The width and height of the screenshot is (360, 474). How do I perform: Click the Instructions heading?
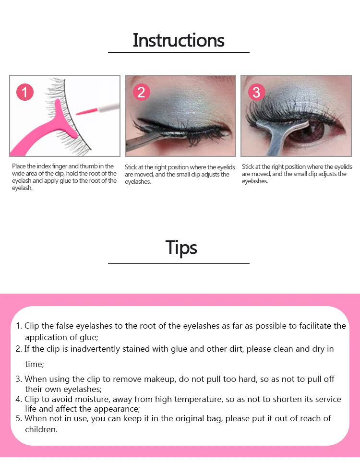coord(179,40)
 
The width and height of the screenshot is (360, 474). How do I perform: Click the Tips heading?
coord(181,248)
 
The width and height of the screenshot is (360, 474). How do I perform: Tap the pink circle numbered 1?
coord(25,92)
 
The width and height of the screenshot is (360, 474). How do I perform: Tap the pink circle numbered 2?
coord(141,92)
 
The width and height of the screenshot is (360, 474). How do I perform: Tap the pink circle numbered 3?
coord(256,92)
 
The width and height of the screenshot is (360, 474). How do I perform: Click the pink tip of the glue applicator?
coord(86,111)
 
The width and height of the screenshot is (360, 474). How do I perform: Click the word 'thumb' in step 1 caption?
coord(88,166)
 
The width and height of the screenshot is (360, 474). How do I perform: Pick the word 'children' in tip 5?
coord(40,429)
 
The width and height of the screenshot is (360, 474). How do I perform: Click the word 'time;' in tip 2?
coord(35,364)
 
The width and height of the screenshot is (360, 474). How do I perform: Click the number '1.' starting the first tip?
coord(19,326)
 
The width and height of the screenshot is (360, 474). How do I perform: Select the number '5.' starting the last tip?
coord(19,419)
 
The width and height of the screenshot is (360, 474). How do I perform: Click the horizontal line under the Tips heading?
coord(179,263)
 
